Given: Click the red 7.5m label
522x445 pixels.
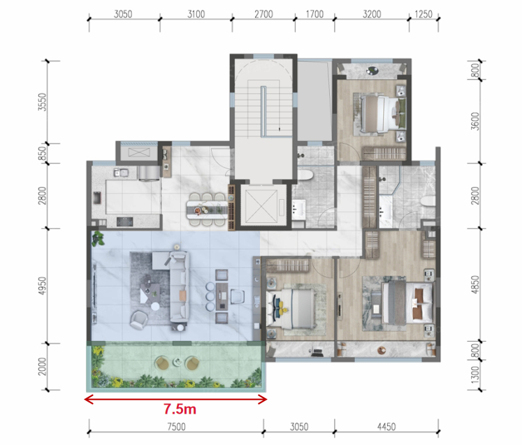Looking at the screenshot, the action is click(x=180, y=409).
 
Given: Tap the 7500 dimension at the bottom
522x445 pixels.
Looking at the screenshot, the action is click(x=176, y=427).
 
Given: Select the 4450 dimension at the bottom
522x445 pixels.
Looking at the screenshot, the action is click(x=386, y=427).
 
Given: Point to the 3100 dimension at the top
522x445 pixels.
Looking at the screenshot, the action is click(x=196, y=14).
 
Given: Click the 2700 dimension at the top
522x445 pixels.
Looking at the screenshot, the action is click(x=263, y=14).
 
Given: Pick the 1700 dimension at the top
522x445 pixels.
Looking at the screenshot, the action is click(x=314, y=14).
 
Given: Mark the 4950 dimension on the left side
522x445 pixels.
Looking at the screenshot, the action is click(x=43, y=286).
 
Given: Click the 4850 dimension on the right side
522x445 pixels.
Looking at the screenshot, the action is click(x=476, y=285).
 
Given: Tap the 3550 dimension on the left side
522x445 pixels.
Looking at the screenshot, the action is click(x=43, y=102).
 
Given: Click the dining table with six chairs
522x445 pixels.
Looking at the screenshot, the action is click(x=207, y=210).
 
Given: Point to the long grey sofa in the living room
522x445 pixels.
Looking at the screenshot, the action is click(x=180, y=288).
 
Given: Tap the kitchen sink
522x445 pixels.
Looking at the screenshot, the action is click(x=122, y=173).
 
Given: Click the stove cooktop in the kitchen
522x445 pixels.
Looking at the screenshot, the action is click(x=125, y=221).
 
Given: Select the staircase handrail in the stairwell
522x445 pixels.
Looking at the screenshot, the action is click(x=263, y=111).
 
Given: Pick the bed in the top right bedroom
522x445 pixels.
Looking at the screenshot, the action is click(x=384, y=114).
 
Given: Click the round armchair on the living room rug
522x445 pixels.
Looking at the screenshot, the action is click(x=138, y=319).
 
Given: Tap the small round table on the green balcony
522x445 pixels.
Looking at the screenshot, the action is click(x=176, y=361).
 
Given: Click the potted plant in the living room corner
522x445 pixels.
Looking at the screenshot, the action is click(x=99, y=239).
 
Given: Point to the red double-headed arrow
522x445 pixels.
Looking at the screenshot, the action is click(x=175, y=399).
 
